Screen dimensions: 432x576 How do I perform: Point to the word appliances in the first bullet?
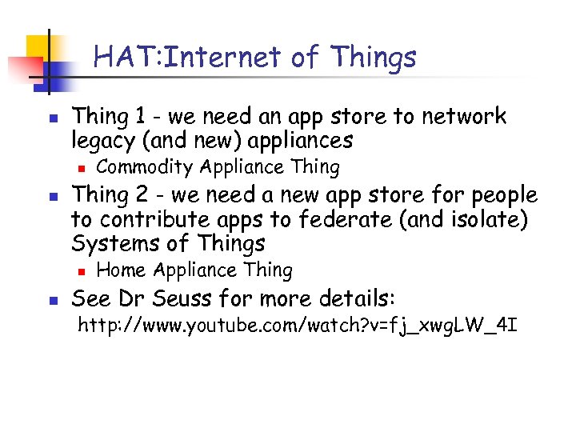tap(301, 142)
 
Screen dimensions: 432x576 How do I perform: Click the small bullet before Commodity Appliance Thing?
tap(81, 168)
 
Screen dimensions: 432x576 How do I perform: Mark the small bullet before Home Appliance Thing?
tap(81, 271)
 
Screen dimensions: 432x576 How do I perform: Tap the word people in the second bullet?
tap(504, 195)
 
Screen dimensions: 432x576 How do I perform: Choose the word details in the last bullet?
tap(358, 299)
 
